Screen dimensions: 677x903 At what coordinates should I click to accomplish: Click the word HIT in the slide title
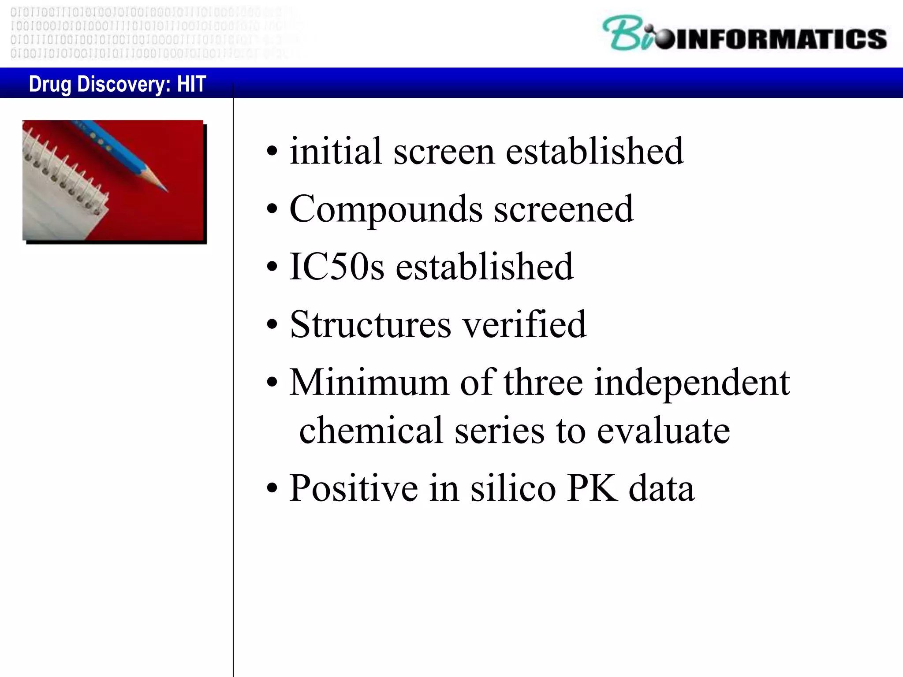click(191, 84)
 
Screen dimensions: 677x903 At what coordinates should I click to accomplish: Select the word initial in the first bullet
click(336, 151)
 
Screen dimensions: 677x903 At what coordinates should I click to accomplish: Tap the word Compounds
click(386, 209)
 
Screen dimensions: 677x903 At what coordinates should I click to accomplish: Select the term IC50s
click(336, 267)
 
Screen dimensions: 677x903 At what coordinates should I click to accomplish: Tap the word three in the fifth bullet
click(543, 383)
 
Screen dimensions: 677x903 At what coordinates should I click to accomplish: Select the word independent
click(692, 383)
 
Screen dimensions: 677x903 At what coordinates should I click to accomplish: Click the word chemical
click(371, 430)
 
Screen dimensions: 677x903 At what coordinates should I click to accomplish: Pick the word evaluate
click(663, 430)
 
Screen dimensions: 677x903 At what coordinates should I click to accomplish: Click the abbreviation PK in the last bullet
click(592, 488)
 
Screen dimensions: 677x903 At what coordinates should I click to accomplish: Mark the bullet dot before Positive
click(272, 489)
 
